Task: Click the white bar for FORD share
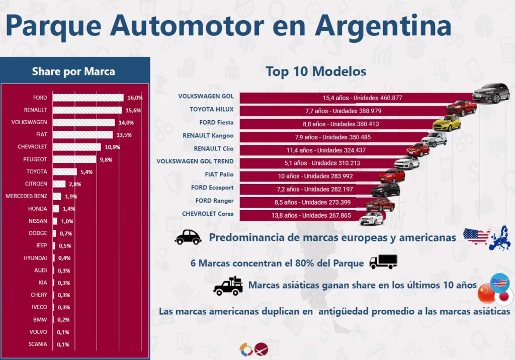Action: pos(88,98)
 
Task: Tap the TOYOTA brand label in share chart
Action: pos(37,171)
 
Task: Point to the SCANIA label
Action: pos(38,344)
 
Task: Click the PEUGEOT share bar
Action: pos(74,159)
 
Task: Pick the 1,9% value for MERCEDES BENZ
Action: pos(71,196)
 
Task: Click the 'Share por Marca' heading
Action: pos(73,71)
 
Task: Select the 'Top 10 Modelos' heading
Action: pos(316,71)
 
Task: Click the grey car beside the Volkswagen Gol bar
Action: pos(491,93)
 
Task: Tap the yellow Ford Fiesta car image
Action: pos(447,123)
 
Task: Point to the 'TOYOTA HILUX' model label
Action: pos(212,109)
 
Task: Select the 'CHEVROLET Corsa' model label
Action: pos(208,214)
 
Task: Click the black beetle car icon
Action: pos(188,237)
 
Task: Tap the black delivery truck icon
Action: pos(383,261)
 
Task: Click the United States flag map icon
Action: pos(476,236)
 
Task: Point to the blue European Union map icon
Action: pos(500,238)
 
